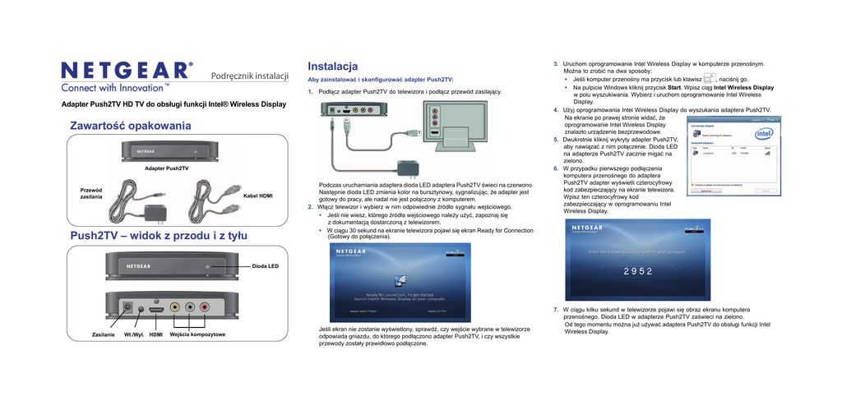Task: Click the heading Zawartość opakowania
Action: point(130,126)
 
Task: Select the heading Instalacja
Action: point(332,66)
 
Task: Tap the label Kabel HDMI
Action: point(257,197)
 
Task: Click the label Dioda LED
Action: point(265,266)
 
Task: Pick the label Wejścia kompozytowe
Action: point(197,334)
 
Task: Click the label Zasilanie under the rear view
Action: point(104,335)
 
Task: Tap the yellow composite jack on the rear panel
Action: point(175,307)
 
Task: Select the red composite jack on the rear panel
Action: point(205,307)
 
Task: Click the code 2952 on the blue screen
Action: point(637,271)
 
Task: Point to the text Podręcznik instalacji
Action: point(250,76)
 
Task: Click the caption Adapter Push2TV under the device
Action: point(167,168)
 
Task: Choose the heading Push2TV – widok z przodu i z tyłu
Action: point(159,236)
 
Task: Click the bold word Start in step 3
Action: point(674,87)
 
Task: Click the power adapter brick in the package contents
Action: point(153,213)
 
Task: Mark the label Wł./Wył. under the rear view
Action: point(133,335)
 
